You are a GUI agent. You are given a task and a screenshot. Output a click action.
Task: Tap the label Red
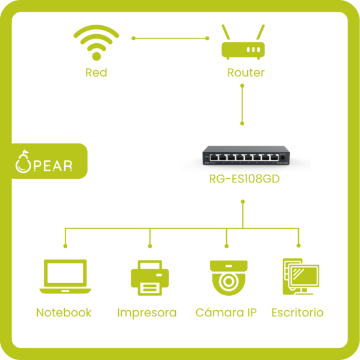click(96, 73)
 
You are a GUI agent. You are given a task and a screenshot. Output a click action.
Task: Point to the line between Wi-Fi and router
click(170, 38)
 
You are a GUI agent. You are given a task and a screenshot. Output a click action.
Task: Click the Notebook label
click(64, 313)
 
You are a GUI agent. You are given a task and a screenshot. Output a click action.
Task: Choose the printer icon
click(149, 278)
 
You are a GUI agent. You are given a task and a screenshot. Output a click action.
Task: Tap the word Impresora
click(147, 313)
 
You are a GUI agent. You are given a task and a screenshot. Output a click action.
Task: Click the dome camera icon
click(228, 277)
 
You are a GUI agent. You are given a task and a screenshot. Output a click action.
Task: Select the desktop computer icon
click(299, 277)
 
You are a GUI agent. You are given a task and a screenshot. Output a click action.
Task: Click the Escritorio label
click(298, 313)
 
